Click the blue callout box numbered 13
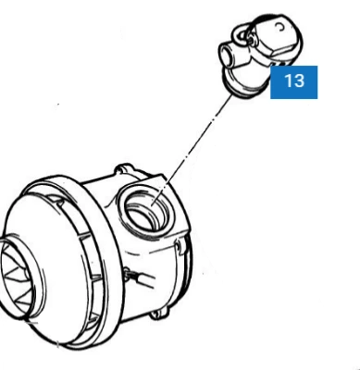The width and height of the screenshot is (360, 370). click(293, 82)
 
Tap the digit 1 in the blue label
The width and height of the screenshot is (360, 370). click(287, 80)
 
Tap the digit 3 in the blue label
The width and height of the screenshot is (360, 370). click(299, 80)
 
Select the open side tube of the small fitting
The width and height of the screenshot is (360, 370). click(228, 55)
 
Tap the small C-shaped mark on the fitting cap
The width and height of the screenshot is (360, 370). click(280, 28)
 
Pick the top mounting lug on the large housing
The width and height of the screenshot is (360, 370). click(124, 169)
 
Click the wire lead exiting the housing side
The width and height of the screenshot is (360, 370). click(141, 278)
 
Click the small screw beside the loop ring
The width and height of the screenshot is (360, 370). click(251, 39)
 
